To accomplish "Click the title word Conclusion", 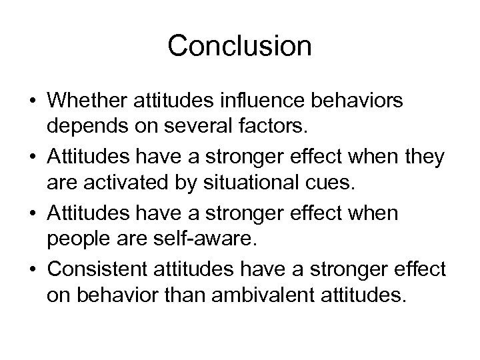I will click(x=240, y=45).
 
